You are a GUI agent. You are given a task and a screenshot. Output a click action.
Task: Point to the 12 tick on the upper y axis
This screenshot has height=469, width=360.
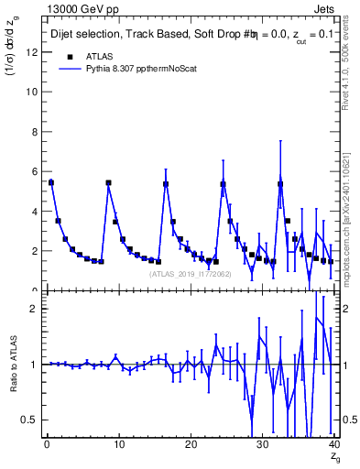(33, 52)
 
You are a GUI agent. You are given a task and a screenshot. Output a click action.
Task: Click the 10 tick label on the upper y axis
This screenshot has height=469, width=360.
(33, 92)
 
